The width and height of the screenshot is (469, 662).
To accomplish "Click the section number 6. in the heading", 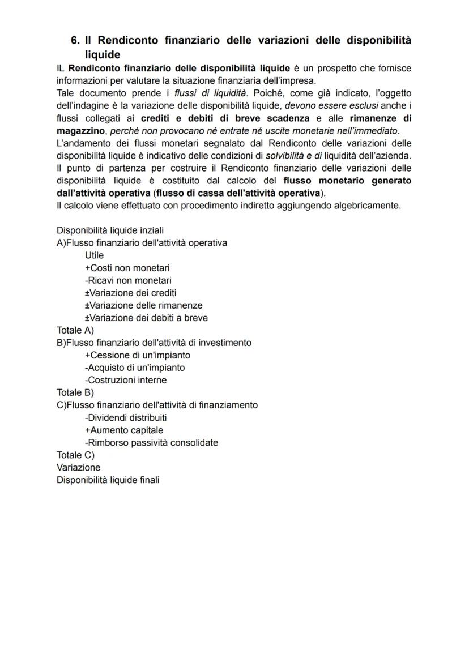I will pyautogui.click(x=76, y=40).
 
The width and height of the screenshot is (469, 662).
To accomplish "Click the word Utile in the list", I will pyautogui.click(x=95, y=255).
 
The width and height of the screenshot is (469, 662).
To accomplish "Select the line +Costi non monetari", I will pyautogui.click(x=127, y=268).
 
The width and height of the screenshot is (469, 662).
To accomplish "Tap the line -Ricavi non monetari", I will pyautogui.click(x=128, y=280).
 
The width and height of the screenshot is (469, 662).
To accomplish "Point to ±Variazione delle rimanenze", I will pyautogui.click(x=143, y=305).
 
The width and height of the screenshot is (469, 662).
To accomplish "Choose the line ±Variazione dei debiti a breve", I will pyautogui.click(x=146, y=318).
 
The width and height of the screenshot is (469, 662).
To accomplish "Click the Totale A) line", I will pyautogui.click(x=75, y=330).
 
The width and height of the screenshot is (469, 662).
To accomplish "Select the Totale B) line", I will pyautogui.click(x=75, y=392).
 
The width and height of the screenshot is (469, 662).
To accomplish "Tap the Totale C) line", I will pyautogui.click(x=75, y=455).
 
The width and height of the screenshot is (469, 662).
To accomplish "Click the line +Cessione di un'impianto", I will pyautogui.click(x=137, y=355).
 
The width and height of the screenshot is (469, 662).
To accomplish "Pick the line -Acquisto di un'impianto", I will pyautogui.click(x=135, y=368).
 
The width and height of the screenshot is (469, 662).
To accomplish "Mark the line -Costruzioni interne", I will pyautogui.click(x=126, y=380).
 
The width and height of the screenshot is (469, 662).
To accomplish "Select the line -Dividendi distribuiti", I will pyautogui.click(x=126, y=417).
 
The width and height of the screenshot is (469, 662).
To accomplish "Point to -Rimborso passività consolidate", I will pyautogui.click(x=151, y=442).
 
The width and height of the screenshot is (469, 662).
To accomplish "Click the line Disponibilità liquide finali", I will pyautogui.click(x=108, y=480).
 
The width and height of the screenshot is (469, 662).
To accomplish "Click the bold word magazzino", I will pyautogui.click(x=80, y=131).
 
